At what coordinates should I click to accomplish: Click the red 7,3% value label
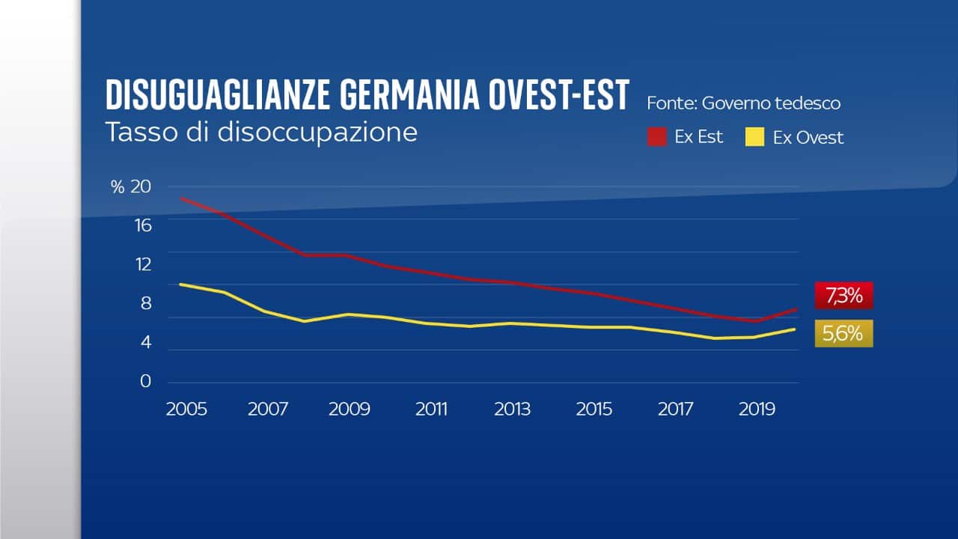tap(843, 296)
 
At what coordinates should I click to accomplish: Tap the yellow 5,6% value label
tap(843, 334)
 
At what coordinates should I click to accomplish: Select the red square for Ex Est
tap(657, 138)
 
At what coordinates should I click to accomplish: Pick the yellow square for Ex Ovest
tap(755, 138)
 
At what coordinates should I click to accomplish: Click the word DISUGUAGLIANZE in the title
tap(218, 96)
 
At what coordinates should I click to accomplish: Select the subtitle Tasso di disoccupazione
tap(260, 132)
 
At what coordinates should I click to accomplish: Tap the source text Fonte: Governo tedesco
tap(743, 103)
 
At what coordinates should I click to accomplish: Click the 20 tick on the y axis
tap(141, 187)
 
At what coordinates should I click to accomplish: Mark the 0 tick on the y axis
tap(145, 381)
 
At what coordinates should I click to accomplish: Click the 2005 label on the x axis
tap(186, 409)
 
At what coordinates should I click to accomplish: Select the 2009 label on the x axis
tap(350, 409)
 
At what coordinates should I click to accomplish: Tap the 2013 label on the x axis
tap(513, 409)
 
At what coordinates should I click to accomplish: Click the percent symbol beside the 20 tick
tap(118, 187)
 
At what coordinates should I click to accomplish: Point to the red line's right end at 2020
tap(797, 308)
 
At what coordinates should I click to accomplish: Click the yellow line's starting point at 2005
tap(181, 284)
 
